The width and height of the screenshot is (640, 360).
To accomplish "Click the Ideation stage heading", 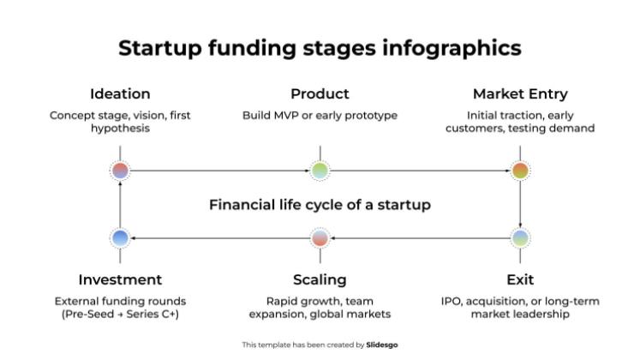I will [x=120, y=94].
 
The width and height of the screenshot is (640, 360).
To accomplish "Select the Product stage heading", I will [x=320, y=94].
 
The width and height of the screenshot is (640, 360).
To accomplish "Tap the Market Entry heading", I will [x=520, y=94].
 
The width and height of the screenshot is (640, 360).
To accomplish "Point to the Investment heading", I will [x=120, y=280].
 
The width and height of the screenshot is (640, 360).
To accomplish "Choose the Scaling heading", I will [x=320, y=280].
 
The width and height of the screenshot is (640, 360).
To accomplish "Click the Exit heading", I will [x=520, y=280].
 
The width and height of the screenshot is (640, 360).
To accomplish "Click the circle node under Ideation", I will [x=120, y=171].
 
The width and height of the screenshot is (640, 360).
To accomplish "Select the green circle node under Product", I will [x=320, y=171].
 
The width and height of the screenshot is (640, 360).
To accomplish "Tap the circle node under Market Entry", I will [x=520, y=171].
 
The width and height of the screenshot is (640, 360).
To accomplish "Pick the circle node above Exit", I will [x=520, y=237].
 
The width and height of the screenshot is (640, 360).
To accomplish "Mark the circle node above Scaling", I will [x=320, y=237].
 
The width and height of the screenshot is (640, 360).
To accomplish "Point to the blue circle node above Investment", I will [x=120, y=237].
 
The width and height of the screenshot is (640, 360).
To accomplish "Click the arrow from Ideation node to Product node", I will [x=219, y=171].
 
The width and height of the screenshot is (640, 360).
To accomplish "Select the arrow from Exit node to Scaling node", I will [x=420, y=237].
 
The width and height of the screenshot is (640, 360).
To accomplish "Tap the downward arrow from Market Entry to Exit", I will [x=520, y=204].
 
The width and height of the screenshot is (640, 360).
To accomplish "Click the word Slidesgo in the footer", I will [x=382, y=345].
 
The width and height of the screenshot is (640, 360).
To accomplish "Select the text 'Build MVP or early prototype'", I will [x=320, y=116].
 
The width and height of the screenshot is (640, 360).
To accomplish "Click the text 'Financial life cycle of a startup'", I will [x=320, y=206].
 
